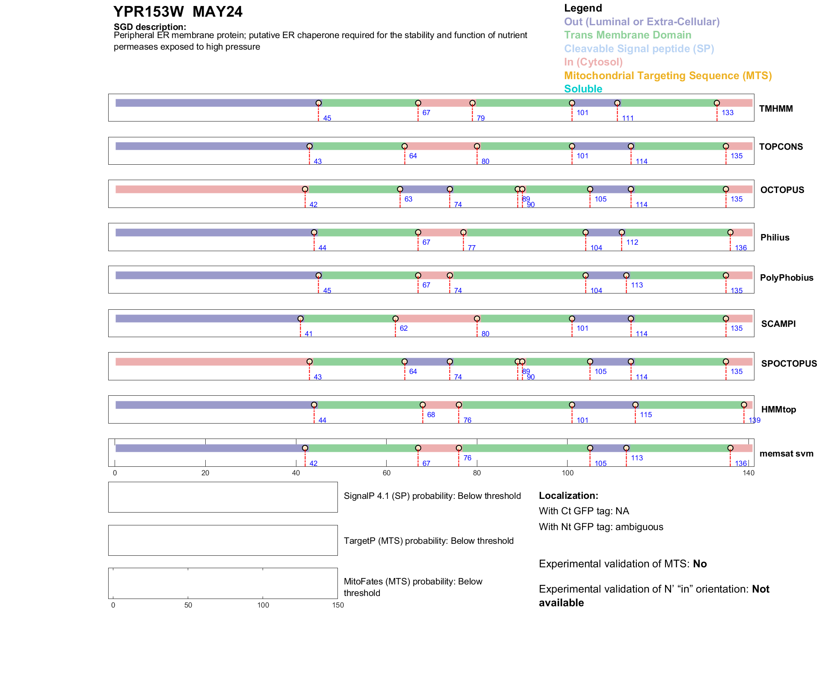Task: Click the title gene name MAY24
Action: [217, 12]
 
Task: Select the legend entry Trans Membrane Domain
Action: [627, 35]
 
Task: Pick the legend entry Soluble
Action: [583, 89]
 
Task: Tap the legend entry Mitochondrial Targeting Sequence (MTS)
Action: [668, 76]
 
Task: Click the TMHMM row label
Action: [776, 109]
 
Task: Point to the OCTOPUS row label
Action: [782, 190]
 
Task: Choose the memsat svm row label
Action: [786, 454]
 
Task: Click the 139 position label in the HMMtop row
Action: [754, 420]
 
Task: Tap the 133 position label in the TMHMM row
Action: [728, 113]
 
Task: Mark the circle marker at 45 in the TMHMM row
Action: [319, 103]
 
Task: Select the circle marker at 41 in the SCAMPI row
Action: [301, 319]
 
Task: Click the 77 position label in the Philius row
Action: [471, 248]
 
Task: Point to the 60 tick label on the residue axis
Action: [387, 473]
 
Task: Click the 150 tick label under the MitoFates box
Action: [338, 605]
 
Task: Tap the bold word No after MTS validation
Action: [700, 564]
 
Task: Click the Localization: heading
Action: [568, 496]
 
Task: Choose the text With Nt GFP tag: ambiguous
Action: [601, 527]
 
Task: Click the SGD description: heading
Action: [150, 27]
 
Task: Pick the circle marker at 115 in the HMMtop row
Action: [636, 405]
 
